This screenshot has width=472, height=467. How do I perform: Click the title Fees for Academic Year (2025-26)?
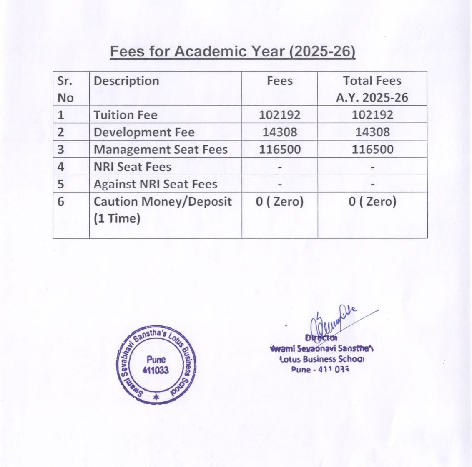[232, 51]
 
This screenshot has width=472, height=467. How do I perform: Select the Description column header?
[126, 81]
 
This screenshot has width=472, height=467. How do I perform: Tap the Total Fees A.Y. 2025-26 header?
[372, 89]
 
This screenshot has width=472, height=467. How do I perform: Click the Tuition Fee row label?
[126, 115]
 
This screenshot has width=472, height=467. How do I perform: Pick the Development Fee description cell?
[144, 132]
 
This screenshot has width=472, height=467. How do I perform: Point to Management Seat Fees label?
[161, 150]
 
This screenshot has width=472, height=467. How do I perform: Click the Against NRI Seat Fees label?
[155, 184]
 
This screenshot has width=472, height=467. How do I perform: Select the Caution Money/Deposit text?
[162, 201]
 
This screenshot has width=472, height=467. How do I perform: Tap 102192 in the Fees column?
[279, 115]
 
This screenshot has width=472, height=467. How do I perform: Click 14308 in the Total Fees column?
[372, 132]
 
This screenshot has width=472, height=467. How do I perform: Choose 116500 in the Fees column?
[279, 150]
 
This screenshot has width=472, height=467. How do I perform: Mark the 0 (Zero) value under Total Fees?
[372, 201]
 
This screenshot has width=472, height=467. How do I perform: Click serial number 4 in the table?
[61, 167]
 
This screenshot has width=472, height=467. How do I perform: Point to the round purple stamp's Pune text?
[156, 359]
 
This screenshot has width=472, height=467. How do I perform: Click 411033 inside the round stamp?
[156, 370]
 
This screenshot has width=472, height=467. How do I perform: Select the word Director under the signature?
[321, 338]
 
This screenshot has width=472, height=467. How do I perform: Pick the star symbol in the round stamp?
[156, 397]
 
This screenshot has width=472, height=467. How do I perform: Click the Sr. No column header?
[65, 89]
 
